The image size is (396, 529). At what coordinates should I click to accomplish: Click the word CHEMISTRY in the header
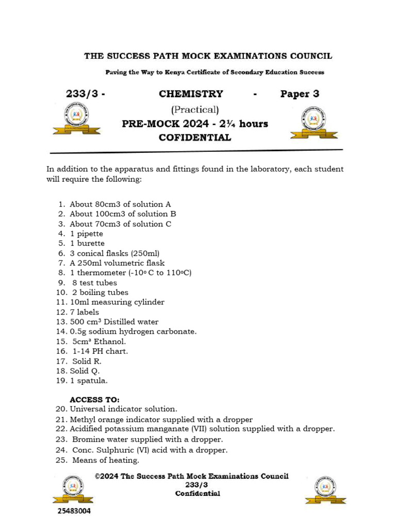(191, 94)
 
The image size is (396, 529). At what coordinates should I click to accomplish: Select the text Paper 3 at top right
(300, 94)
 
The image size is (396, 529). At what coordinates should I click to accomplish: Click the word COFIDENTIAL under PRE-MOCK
(195, 137)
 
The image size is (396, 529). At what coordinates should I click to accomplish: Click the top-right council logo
(313, 122)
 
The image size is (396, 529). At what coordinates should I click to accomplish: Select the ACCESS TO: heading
(94, 400)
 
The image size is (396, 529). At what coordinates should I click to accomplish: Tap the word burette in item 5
(90, 243)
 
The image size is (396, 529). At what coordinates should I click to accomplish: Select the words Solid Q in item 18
(85, 371)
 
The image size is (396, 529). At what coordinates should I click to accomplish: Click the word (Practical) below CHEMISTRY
(195, 110)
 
